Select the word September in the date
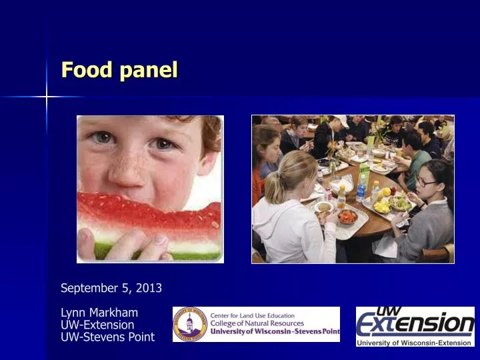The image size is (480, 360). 87,288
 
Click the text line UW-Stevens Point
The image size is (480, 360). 107,337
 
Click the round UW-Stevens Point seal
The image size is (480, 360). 190,325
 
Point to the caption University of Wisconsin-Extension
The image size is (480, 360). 414,343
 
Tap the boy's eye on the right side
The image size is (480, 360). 164,143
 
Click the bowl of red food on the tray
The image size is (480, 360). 348,217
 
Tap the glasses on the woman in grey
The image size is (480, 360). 427,182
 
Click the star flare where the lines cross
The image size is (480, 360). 47,97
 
